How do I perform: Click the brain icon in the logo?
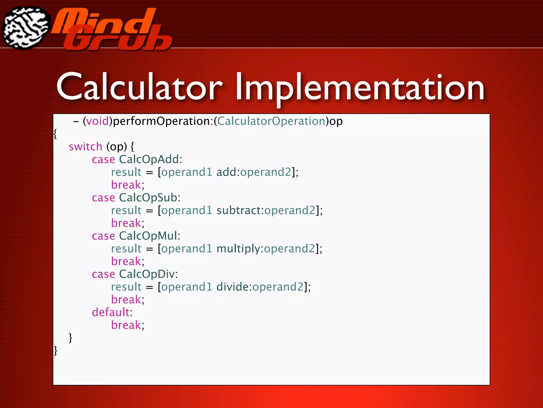(26, 28)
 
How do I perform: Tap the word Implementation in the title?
(360, 88)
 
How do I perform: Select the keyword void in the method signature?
(98, 121)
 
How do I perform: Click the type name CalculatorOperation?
(271, 121)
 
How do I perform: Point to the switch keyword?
(85, 147)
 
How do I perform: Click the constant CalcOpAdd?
(149, 160)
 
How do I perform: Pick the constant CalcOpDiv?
(147, 274)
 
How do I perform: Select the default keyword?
(111, 313)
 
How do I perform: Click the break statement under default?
(126, 325)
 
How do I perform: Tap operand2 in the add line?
(266, 172)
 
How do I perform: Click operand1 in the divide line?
(186, 287)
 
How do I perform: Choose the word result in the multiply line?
(126, 249)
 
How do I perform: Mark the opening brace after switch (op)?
(132, 147)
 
